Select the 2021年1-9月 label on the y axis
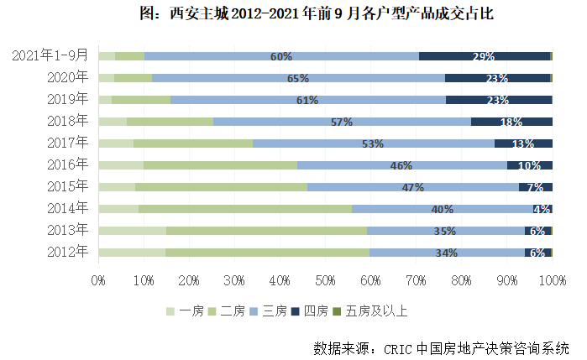(x=50, y=55)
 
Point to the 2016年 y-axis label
(x=67, y=164)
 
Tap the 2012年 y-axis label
(x=67, y=252)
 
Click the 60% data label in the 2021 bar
(x=280, y=56)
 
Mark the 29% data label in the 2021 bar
(x=484, y=56)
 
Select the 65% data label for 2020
(x=297, y=78)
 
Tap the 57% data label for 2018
(x=341, y=122)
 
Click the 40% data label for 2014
(x=442, y=209)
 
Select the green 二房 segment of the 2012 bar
(x=267, y=252)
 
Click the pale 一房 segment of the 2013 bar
(x=132, y=230)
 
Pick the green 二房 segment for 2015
(x=221, y=186)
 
